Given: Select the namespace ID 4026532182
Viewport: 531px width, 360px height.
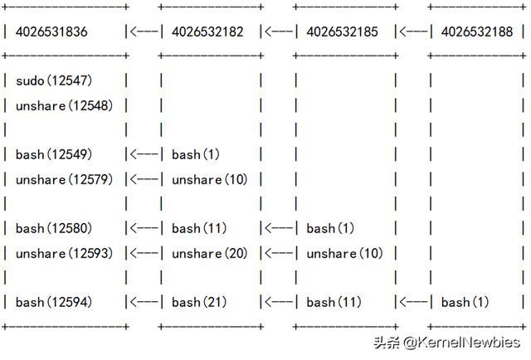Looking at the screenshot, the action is click(207, 32).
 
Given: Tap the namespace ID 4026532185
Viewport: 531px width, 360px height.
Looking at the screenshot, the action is click(342, 32).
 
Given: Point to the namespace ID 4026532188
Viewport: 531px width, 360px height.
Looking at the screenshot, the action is click(476, 32).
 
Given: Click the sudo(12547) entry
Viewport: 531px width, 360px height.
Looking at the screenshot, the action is click(53, 80).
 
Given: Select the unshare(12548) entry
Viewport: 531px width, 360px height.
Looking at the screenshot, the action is click(65, 105).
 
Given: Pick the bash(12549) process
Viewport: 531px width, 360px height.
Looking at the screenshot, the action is click(53, 154).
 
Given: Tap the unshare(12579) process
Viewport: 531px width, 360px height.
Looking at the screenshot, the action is click(65, 179).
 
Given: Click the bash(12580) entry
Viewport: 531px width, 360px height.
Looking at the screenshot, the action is click(53, 228).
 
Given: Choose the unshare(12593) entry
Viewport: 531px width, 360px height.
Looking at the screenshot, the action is click(65, 253).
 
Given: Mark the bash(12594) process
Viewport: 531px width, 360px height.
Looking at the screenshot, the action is click(53, 302).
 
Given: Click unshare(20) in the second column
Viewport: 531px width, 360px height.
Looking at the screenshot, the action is click(209, 253).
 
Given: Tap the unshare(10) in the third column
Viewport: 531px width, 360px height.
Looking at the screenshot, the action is click(344, 253).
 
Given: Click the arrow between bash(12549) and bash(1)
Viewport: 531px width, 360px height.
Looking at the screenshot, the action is click(143, 154).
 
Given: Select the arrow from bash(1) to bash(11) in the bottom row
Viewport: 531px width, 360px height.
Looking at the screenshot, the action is click(412, 302).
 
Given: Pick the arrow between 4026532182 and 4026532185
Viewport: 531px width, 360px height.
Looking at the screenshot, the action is click(278, 32).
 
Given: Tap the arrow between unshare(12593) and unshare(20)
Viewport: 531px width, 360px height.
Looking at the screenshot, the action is click(143, 253).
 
